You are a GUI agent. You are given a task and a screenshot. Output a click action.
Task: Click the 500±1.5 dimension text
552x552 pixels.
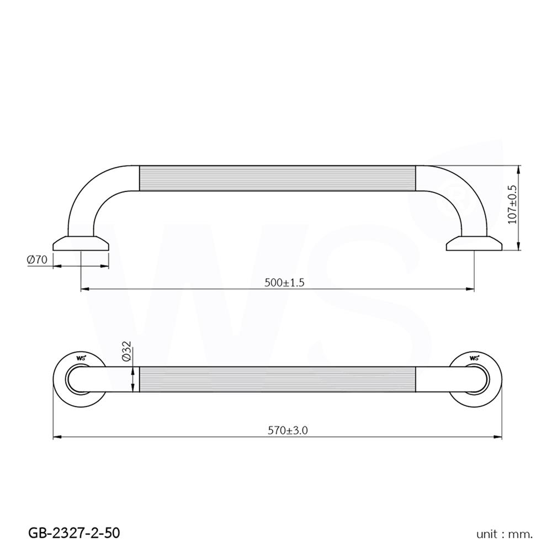285,282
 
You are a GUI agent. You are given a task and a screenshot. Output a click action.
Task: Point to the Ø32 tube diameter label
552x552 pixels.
126,351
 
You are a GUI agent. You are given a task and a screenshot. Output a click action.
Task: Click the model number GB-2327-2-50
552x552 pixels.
73,533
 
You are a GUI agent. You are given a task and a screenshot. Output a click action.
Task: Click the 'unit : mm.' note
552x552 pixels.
505,534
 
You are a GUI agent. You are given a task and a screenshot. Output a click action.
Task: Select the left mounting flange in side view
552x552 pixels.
81,243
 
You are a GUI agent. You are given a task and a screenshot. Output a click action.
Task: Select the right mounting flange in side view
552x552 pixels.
474,243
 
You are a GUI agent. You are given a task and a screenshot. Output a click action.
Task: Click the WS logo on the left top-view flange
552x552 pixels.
81,358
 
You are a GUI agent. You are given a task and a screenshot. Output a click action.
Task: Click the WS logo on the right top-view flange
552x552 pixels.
474,358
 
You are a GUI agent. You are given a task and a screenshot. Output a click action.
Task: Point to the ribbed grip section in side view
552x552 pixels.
277,178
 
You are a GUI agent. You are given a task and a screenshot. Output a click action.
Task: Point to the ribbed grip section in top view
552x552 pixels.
277,380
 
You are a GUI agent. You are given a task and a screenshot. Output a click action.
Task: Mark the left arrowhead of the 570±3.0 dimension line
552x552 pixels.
56,438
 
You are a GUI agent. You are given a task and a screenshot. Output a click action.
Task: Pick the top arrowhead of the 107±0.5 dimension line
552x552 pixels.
520,167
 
